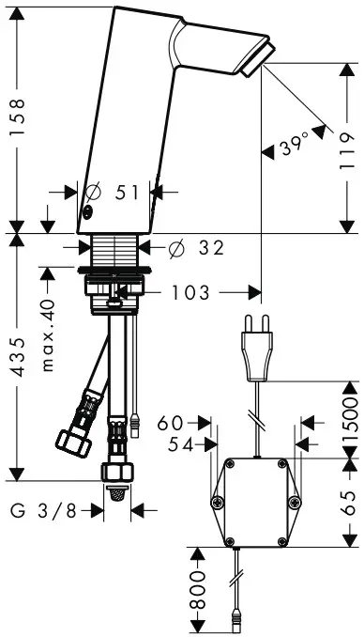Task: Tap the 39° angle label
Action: [x=295, y=145]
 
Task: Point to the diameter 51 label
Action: [x=113, y=192]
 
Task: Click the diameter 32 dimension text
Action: [x=196, y=247]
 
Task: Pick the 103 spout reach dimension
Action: [x=190, y=292]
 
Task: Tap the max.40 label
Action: [x=47, y=335]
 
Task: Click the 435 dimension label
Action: [x=17, y=356]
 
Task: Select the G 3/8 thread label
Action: [x=43, y=510]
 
